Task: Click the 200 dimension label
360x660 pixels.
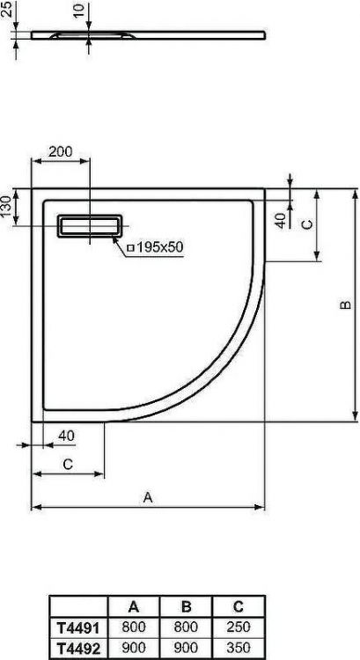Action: [60, 151]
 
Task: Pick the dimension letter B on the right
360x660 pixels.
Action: [346, 304]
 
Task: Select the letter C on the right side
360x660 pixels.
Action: [305, 224]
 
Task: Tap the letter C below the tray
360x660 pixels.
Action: [67, 466]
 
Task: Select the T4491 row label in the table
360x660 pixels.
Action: [77, 628]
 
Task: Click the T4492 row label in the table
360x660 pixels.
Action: [77, 647]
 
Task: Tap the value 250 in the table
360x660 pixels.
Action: [238, 628]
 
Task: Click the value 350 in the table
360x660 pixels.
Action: [238, 647]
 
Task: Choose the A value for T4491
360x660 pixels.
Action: [134, 628]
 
